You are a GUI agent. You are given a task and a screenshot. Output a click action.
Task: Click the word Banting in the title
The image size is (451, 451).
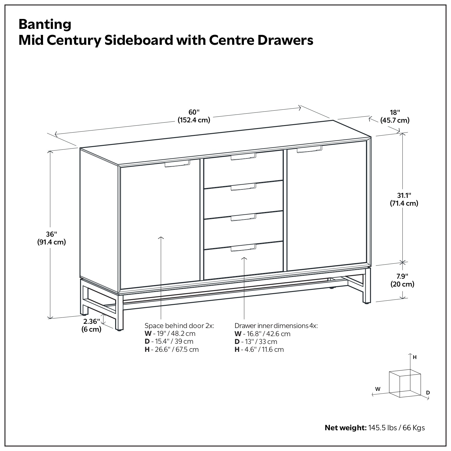(45, 24)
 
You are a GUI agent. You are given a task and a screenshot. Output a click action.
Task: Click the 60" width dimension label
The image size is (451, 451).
(194, 116)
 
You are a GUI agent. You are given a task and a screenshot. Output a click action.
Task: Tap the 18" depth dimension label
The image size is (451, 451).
(395, 116)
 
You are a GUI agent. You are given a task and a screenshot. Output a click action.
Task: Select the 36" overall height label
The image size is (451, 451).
(51, 238)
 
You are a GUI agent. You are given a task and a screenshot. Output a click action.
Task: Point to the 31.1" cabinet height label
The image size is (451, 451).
(403, 199)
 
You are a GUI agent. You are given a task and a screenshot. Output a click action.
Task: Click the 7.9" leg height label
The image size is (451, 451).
(402, 280)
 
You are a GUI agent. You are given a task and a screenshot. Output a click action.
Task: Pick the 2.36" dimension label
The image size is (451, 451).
(91, 325)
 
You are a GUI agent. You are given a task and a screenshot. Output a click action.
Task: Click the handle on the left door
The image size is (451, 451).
(177, 164)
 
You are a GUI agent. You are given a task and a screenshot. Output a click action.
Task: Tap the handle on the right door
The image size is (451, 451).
(309, 149)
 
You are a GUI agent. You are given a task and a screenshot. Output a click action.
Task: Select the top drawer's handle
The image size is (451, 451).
(243, 157)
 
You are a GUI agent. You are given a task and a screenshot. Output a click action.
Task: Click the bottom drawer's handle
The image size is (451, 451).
(243, 248)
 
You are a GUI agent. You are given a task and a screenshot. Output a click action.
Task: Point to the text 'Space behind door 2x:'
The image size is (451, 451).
(179, 326)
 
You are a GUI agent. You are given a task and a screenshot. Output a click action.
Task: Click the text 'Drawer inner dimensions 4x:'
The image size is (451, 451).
(276, 326)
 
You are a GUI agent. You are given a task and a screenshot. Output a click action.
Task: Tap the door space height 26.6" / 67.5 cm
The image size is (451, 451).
(176, 349)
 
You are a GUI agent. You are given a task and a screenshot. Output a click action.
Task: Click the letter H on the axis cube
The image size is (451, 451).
(415, 357)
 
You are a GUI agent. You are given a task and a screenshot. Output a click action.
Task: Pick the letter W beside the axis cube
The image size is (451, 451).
(378, 389)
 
